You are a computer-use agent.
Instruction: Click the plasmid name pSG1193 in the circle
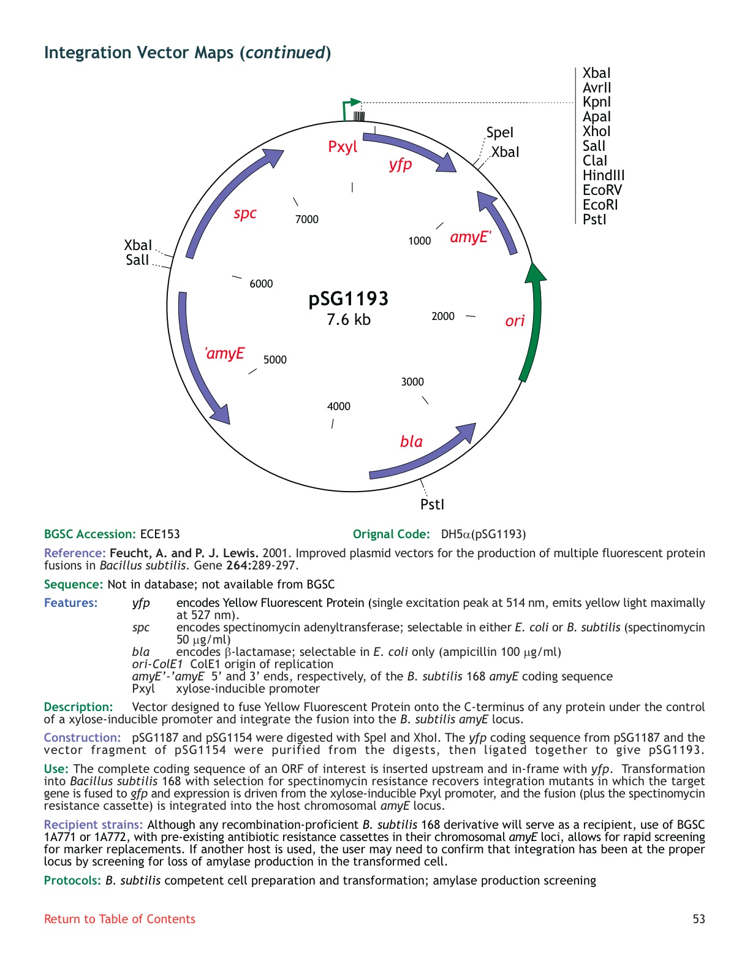(349, 299)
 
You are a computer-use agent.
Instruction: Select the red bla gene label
(411, 441)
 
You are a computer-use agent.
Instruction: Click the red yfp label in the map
(400, 164)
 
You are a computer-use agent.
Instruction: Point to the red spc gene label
(244, 213)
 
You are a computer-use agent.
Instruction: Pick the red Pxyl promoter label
(343, 147)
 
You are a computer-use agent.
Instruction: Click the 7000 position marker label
(307, 219)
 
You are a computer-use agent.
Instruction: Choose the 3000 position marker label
(412, 382)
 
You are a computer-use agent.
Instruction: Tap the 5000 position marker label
(275, 360)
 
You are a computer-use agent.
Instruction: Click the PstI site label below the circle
(432, 505)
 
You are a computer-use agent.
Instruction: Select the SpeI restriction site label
(500, 133)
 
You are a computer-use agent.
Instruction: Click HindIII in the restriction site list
(604, 176)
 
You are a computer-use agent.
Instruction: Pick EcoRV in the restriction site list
(602, 191)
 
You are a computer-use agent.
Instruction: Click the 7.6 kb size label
(349, 319)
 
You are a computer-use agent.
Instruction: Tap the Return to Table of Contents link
(119, 919)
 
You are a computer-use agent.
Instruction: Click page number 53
(699, 919)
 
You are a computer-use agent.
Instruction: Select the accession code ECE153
(160, 534)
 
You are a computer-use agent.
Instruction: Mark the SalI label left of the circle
(137, 260)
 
